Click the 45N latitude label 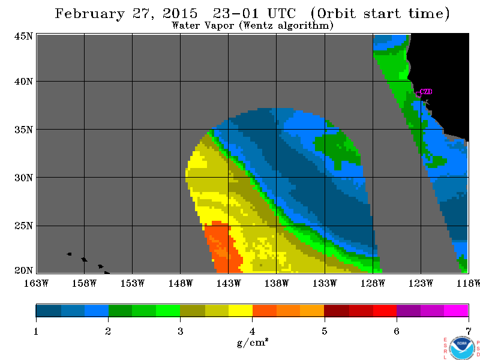point(23,37)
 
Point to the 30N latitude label point(23,178)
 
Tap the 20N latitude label point(23,271)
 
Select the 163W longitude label point(36,283)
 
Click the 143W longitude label point(229,283)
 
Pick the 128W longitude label point(373,283)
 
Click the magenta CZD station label point(426,92)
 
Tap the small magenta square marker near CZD point(418,94)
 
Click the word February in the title point(89,14)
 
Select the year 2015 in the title point(180,13)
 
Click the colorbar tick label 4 point(252,331)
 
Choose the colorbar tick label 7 point(469,331)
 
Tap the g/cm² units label point(253,342)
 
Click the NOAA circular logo point(461,348)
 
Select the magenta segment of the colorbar point(456,311)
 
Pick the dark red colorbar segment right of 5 point(337,311)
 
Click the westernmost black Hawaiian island point(69,254)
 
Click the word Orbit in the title point(337,13)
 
